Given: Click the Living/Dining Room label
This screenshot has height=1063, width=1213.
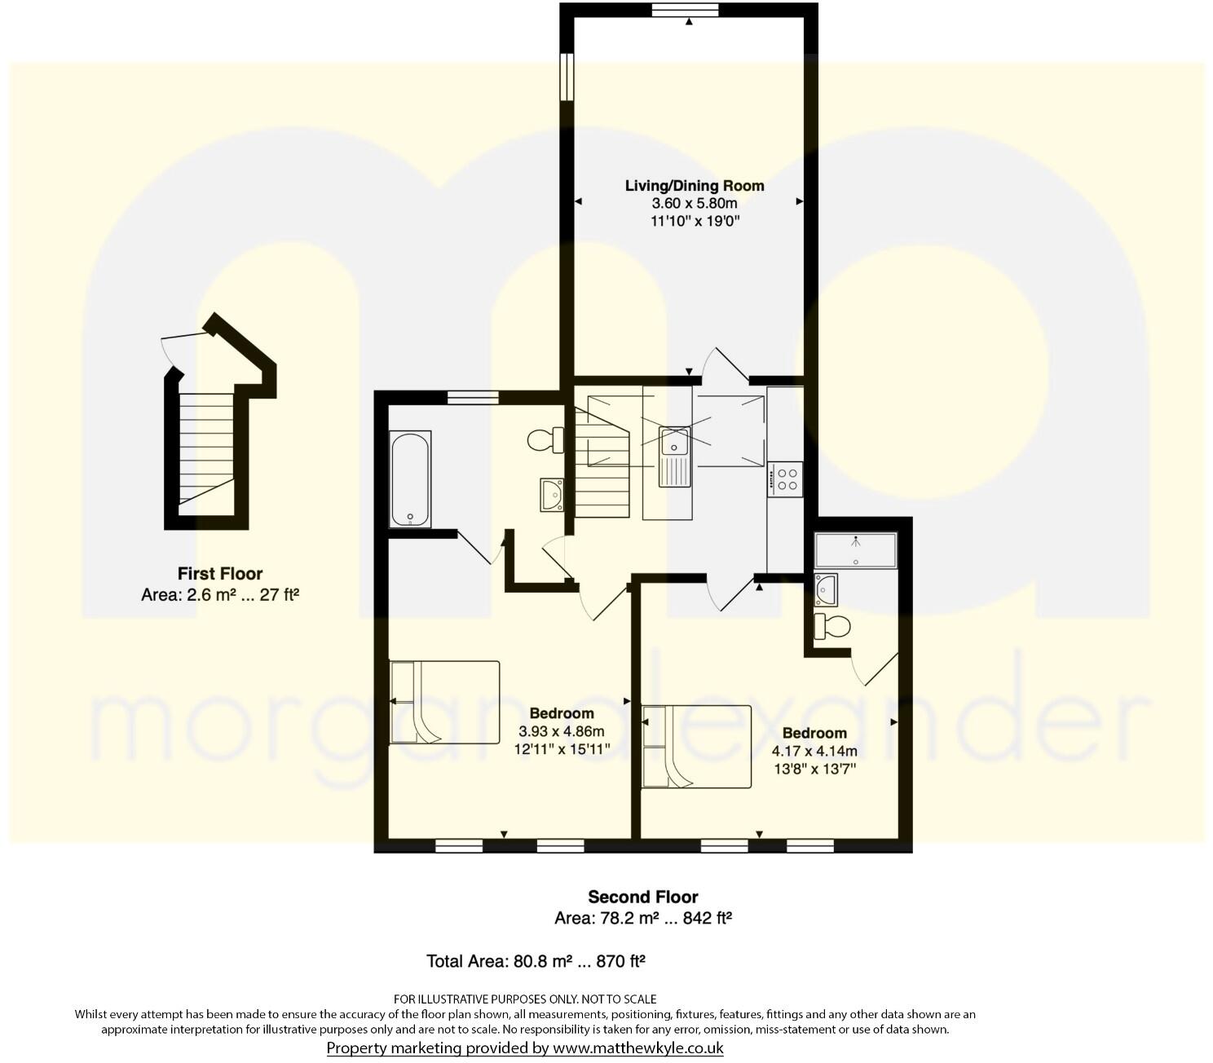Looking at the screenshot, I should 695,186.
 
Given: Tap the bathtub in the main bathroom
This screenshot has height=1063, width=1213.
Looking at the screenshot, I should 411,479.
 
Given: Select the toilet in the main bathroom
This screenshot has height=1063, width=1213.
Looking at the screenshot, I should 545,440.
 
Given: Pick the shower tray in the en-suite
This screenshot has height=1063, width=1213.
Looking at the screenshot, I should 855,550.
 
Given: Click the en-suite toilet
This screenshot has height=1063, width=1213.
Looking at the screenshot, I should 832,627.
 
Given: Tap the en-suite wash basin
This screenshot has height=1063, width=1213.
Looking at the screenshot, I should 826,588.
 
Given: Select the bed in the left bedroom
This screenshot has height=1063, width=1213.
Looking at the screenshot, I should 444,702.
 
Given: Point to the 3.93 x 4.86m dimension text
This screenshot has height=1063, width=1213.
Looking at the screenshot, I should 562,731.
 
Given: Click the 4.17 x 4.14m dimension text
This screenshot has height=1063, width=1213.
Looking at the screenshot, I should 814,751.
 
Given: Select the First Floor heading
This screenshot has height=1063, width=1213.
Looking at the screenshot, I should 220,574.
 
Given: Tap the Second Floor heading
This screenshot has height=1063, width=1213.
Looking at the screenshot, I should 643,897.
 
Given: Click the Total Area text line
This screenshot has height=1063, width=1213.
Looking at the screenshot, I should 536,961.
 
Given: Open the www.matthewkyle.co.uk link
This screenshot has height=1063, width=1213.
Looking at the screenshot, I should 638,1048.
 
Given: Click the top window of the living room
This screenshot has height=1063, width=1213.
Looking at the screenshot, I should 685,10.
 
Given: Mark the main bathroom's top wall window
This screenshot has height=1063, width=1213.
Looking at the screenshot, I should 473,397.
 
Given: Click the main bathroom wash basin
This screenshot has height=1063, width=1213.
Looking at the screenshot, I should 552,495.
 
